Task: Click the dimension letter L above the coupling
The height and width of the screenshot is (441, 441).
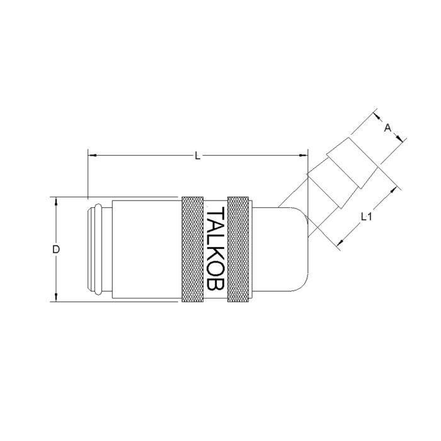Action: click(x=198, y=156)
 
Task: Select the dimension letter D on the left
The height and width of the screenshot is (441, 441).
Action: click(x=56, y=249)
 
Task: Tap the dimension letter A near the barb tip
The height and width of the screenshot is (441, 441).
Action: click(x=388, y=128)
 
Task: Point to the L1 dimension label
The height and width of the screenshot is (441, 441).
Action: click(x=367, y=217)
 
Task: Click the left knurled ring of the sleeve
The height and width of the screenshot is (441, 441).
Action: click(x=192, y=249)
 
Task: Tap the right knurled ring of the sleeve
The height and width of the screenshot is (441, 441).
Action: click(x=238, y=249)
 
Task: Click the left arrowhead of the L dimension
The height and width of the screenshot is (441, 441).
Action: click(x=92, y=155)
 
